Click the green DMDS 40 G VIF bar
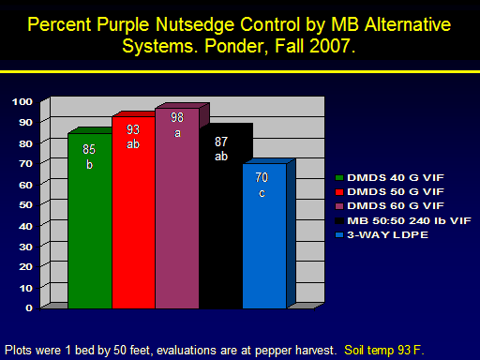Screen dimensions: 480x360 [90, 221]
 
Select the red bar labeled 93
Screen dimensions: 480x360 [134, 213]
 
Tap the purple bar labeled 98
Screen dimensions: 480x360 [177, 208]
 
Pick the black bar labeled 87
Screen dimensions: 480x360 [221, 217]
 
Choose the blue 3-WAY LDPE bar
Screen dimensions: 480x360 [265, 236]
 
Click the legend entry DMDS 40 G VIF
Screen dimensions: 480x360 [389, 178]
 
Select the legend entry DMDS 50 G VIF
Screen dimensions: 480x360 [389, 192]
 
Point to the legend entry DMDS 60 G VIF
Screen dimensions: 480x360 [389, 206]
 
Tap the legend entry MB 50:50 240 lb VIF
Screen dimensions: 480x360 [403, 220]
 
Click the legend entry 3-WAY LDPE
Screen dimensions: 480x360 [382, 234]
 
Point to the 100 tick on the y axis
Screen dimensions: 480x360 [22, 101]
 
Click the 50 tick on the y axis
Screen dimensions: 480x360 [25, 205]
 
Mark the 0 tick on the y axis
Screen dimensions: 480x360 [29, 308]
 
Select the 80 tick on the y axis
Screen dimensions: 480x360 [25, 143]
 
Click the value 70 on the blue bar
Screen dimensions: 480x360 [262, 177]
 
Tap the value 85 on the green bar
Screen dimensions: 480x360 [89, 149]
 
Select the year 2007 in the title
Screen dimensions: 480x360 [330, 46]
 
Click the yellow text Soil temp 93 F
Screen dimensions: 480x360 [384, 350]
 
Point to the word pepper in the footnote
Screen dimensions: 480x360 [275, 351]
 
